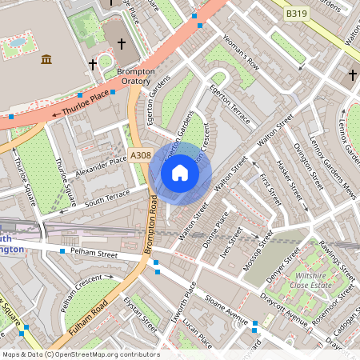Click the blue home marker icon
click(180, 173)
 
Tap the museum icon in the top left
click(46, 59)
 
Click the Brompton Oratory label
click(135, 77)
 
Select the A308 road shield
click(140, 155)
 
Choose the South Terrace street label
click(106, 196)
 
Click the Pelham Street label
click(93, 253)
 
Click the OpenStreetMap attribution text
click(80, 354)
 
